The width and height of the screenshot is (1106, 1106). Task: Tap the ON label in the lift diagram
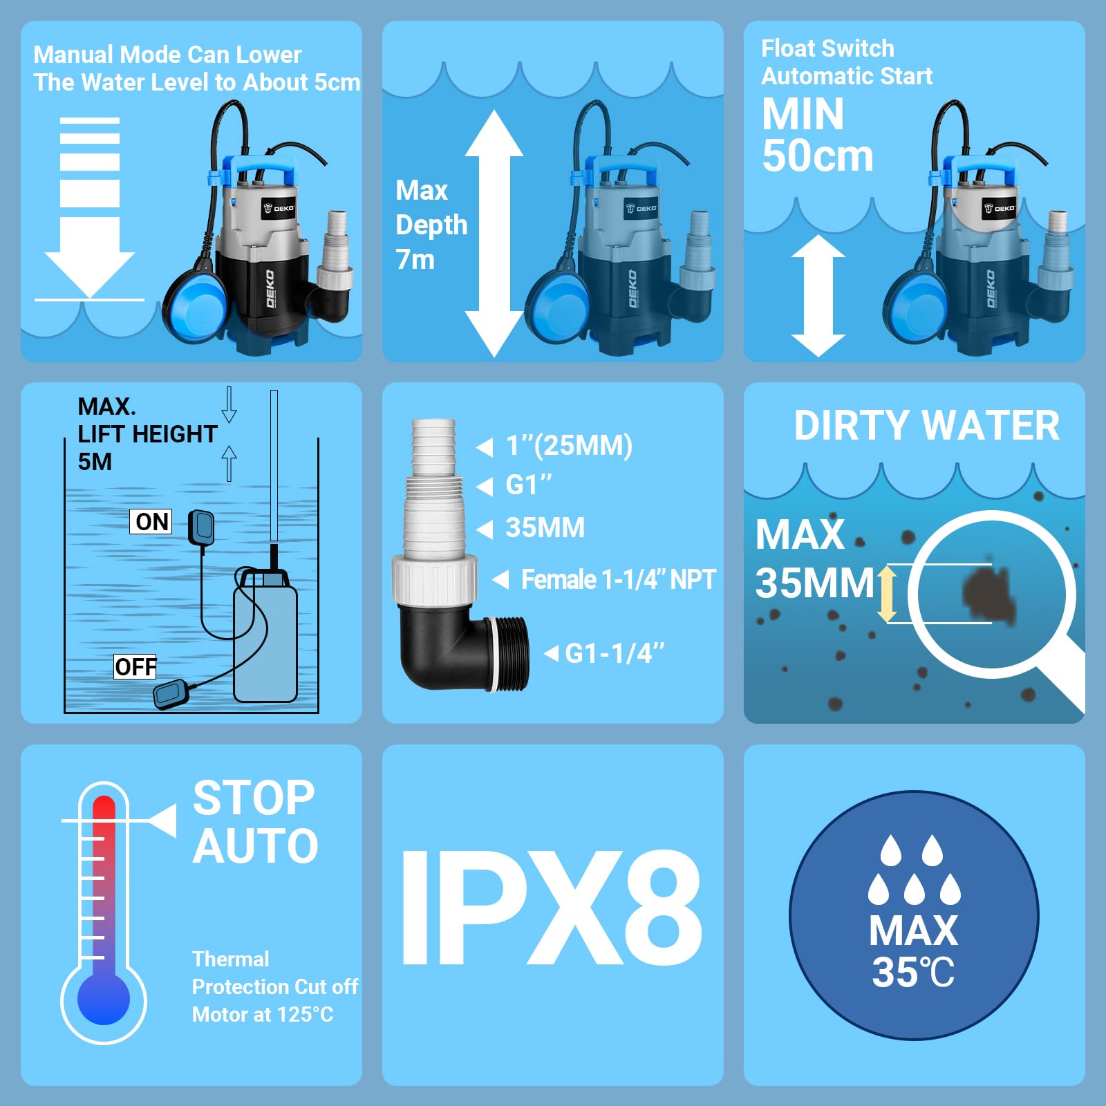pyautogui.click(x=151, y=522)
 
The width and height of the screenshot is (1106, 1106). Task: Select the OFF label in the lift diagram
pyautogui.click(x=135, y=667)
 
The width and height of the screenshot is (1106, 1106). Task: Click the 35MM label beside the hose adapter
pyautogui.click(x=545, y=528)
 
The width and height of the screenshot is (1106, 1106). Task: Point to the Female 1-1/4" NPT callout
pyautogui.click(x=617, y=579)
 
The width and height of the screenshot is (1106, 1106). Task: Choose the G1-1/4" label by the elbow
pyautogui.click(x=614, y=653)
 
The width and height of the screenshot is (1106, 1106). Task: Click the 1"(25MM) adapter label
pyautogui.click(x=568, y=446)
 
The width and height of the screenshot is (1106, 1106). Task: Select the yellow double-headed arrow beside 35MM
pyautogui.click(x=887, y=594)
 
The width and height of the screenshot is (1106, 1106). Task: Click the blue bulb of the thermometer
pyautogui.click(x=104, y=999)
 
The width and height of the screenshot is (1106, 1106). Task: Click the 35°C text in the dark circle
pyautogui.click(x=912, y=973)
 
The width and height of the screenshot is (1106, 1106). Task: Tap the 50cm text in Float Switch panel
pyautogui.click(x=817, y=156)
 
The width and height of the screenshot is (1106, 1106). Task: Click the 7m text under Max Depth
pyautogui.click(x=415, y=260)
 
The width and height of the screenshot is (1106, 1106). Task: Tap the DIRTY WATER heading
pyautogui.click(x=926, y=426)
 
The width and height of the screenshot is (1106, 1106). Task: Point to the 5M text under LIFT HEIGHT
pyautogui.click(x=95, y=462)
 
